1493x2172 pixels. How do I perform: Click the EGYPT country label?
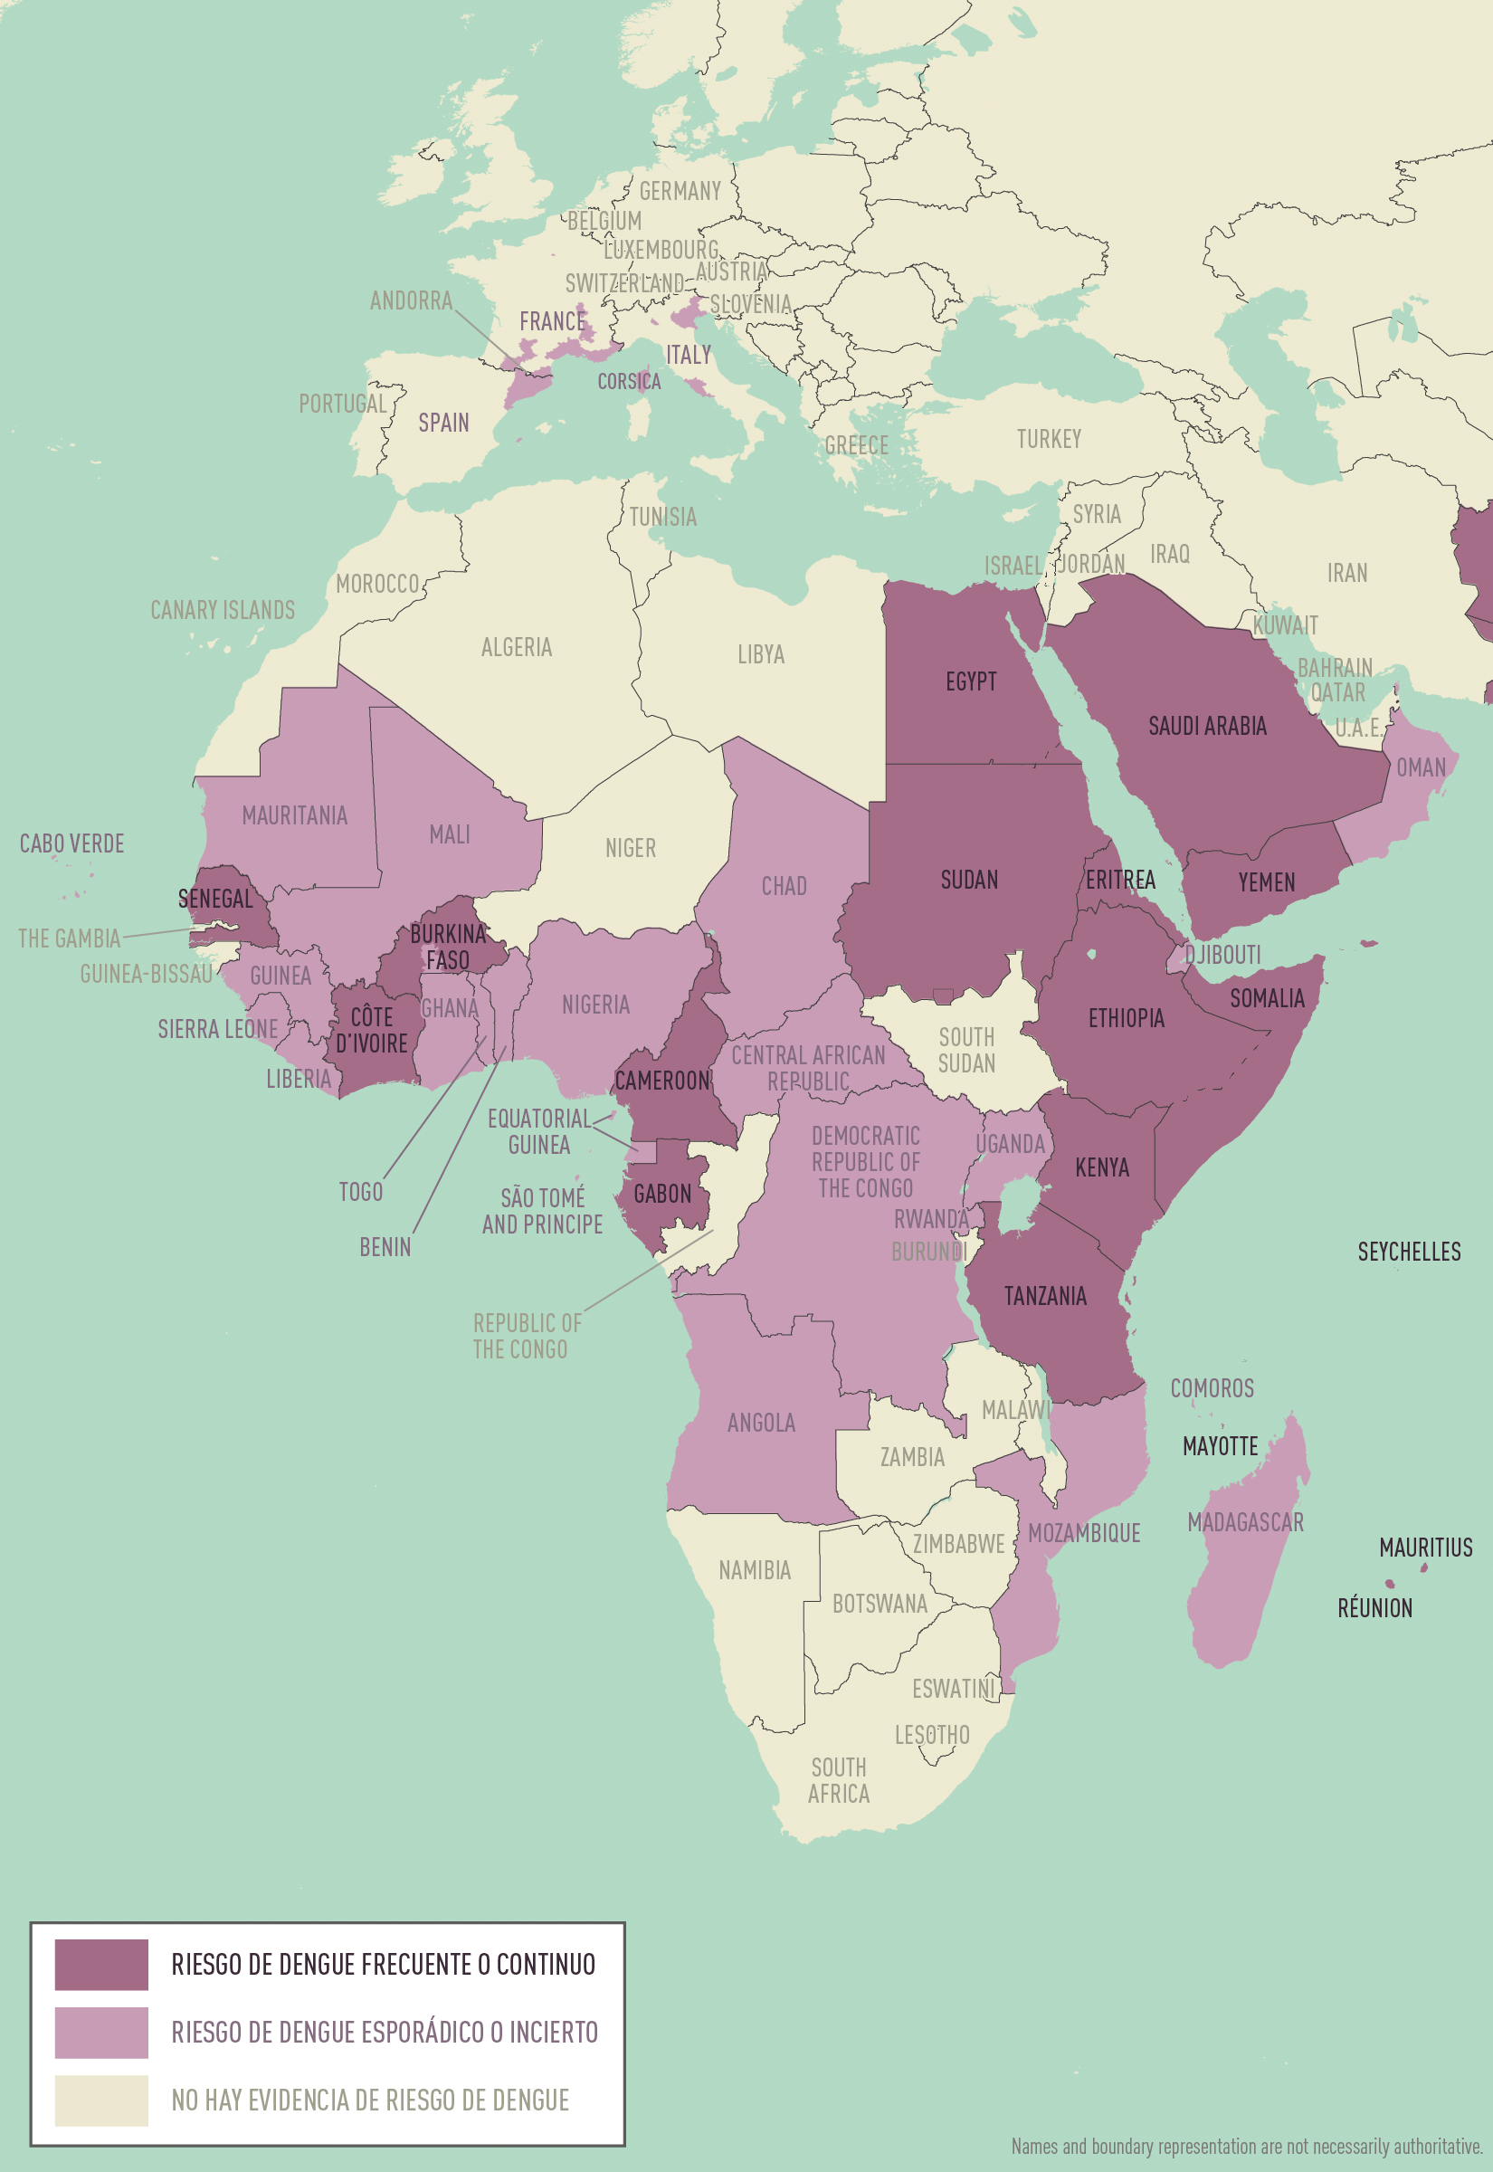tap(970, 681)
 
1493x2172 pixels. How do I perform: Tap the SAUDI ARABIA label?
tap(1207, 726)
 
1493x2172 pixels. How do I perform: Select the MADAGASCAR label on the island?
tap(1245, 1522)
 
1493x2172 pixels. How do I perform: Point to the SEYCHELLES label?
tap(1408, 1252)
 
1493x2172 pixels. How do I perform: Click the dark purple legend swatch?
tap(101, 1965)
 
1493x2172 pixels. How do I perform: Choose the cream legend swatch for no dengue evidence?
tap(101, 2100)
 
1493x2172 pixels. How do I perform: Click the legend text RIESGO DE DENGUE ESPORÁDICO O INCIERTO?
tap(384, 2032)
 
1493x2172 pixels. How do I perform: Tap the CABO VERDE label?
tap(72, 843)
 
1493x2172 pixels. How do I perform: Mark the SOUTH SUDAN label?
tap(966, 1051)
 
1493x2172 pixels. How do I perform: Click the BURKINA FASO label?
tap(448, 947)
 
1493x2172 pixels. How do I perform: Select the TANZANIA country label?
tap(1045, 1297)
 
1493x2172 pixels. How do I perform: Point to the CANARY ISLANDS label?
tap(223, 611)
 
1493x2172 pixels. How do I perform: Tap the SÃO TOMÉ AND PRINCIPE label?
tap(543, 1212)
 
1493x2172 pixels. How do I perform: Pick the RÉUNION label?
tap(1374, 1608)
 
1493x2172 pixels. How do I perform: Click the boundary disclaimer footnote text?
tap(1246, 2146)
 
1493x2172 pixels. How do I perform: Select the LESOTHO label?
tap(932, 1735)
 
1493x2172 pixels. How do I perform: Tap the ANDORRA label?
tap(411, 301)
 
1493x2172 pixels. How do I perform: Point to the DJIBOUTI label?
tap(1222, 955)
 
